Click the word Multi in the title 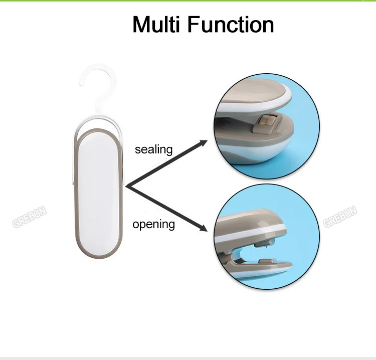click(x=156, y=24)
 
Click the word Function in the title click(x=231, y=24)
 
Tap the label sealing click(x=154, y=150)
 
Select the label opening click(x=154, y=225)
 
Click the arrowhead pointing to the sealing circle click(x=203, y=143)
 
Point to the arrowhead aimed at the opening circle click(x=203, y=228)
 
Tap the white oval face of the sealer click(x=98, y=194)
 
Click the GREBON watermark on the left click(x=29, y=217)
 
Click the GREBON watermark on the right click(x=340, y=217)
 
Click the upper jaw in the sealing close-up click(x=254, y=95)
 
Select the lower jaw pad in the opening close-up click(x=265, y=261)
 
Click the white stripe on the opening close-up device click(x=249, y=234)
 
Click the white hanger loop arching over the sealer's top click(x=98, y=120)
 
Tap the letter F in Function click(x=194, y=25)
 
